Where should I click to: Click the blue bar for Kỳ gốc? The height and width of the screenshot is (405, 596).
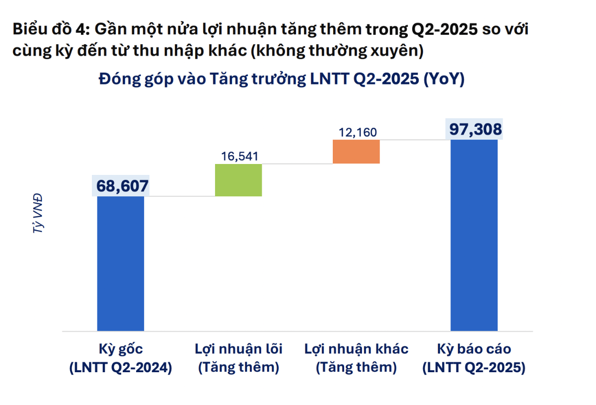[121, 263]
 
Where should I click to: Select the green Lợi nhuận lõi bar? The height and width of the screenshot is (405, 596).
[238, 180]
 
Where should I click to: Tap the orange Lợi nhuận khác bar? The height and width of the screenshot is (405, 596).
[357, 152]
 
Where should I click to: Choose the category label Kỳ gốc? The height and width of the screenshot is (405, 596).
[121, 349]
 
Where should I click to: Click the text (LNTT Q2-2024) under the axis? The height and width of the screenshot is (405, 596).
[121, 368]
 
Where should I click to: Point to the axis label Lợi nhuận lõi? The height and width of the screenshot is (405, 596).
[238, 349]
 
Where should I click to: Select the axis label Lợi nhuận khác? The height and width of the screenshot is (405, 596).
[357, 349]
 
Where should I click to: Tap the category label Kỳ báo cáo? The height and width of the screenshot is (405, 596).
[474, 349]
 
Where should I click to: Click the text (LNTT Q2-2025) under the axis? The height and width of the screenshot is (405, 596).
[474, 368]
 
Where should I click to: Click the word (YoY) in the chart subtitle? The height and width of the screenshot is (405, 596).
[444, 80]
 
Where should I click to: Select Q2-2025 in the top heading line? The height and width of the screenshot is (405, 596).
[440, 30]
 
